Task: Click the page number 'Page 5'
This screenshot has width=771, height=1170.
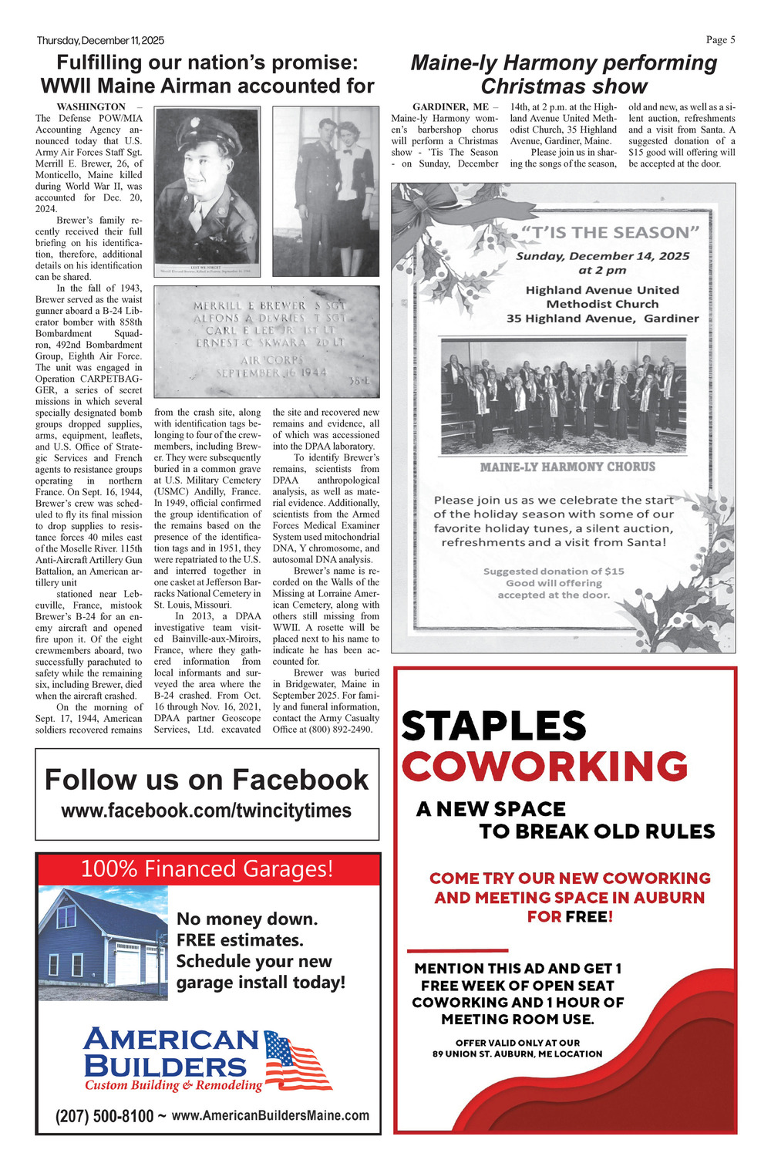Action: coord(720,40)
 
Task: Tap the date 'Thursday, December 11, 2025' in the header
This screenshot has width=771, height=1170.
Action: coord(100,40)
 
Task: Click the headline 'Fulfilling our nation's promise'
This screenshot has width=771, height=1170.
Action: coord(207,62)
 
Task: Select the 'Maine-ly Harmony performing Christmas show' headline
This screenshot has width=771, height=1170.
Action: coord(564,74)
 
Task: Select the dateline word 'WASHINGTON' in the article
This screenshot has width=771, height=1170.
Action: coord(91,107)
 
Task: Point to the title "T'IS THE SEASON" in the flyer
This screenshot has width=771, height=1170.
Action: coord(609,232)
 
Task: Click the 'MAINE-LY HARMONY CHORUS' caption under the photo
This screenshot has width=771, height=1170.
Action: coord(567,467)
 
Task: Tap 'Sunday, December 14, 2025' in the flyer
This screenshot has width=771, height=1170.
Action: coord(602,256)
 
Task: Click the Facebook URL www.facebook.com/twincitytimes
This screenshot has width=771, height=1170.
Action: coord(206,811)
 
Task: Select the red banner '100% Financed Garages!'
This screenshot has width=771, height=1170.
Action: coord(207,869)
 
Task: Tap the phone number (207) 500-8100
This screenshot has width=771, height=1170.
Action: coord(104,1116)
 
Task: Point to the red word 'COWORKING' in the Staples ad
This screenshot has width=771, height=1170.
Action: coord(544,767)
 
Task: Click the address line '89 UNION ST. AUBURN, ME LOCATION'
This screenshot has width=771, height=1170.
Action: coord(517,1054)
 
